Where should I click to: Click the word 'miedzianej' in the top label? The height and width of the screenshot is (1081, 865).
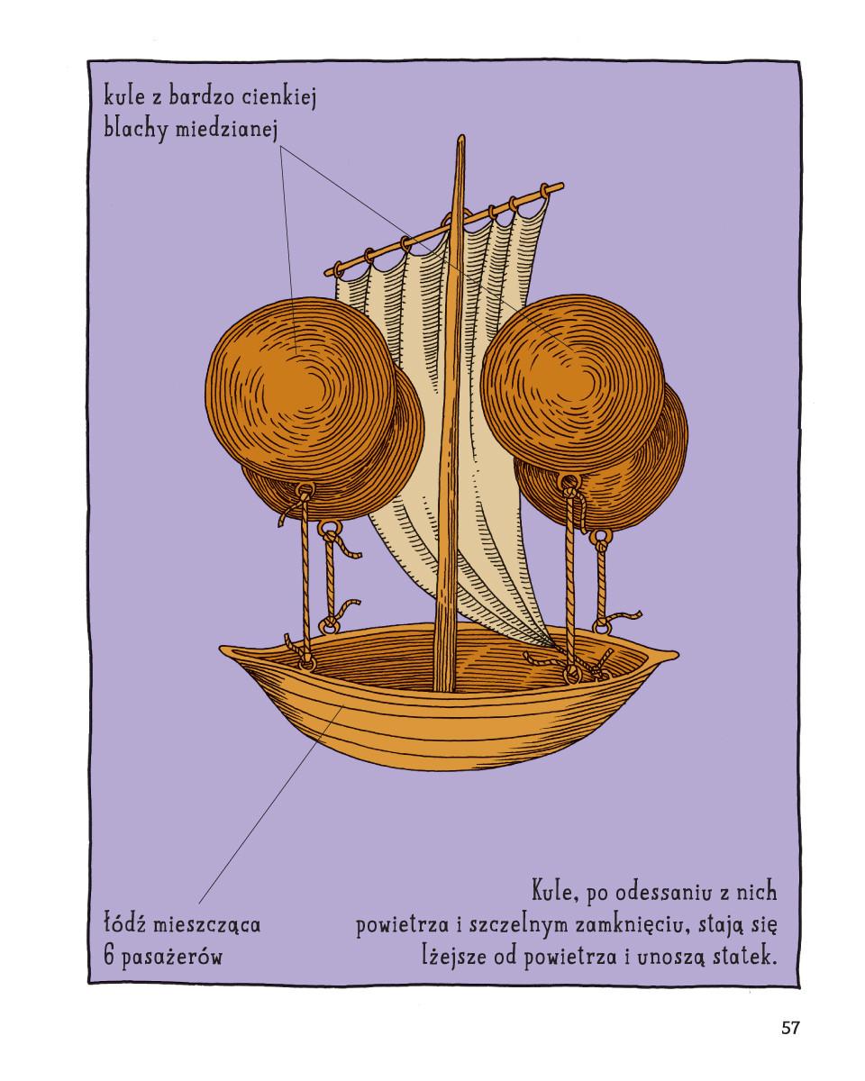[x=227, y=130]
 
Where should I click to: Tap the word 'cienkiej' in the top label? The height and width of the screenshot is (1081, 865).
[x=279, y=97]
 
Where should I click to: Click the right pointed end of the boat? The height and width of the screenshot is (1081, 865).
[x=678, y=653]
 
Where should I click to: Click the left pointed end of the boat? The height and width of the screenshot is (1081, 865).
[x=220, y=649]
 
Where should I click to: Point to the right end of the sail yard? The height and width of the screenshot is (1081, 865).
[x=563, y=186]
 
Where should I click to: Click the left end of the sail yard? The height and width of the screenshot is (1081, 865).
[x=325, y=274]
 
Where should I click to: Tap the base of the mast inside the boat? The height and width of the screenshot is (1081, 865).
[x=443, y=689]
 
